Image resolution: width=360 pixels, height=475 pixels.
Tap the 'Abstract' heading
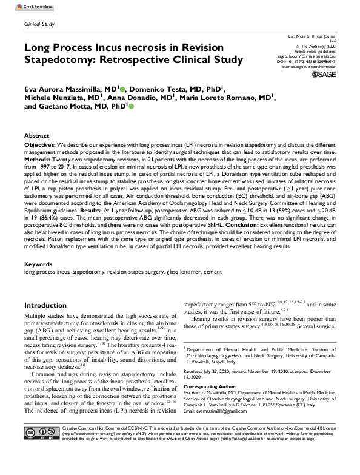pyautogui.click(x=36, y=136)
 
